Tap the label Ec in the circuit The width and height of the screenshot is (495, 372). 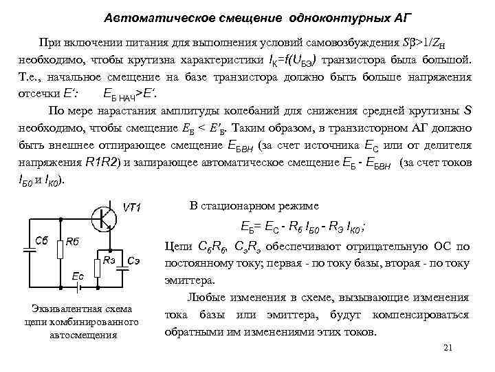tap(77, 275)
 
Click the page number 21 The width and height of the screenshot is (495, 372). tap(448, 347)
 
